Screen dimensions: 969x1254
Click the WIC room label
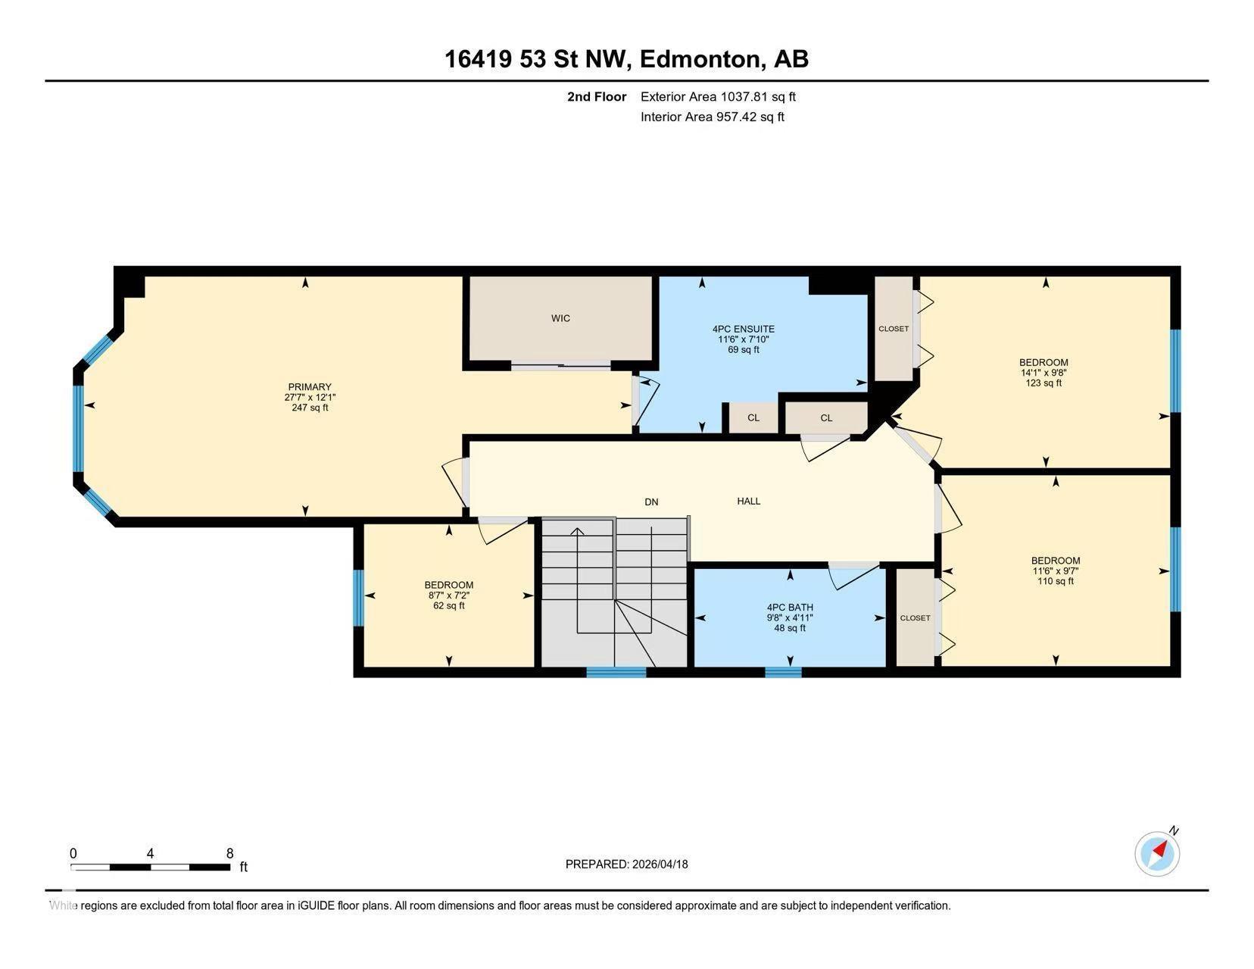click(560, 318)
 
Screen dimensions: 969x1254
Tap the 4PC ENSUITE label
click(743, 329)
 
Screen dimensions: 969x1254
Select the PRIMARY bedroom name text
click(310, 387)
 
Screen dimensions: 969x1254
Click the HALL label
click(749, 501)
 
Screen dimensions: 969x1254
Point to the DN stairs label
click(651, 502)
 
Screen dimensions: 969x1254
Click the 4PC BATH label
click(790, 607)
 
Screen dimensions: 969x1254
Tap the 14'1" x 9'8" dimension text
click(1043, 373)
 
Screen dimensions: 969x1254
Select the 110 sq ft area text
click(1056, 581)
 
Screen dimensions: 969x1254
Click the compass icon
click(1157, 854)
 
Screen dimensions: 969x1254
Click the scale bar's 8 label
click(229, 853)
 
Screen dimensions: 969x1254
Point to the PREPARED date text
click(626, 864)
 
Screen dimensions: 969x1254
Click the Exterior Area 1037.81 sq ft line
click(718, 96)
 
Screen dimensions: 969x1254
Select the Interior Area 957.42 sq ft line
click(712, 117)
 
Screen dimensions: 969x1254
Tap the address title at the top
click(626, 59)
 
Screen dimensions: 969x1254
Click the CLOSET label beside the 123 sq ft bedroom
click(894, 329)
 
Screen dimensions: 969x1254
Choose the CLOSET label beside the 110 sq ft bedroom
click(915, 618)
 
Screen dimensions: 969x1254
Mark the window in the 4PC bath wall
click(783, 671)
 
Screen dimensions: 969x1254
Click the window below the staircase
click(616, 671)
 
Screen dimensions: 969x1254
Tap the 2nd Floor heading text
click(597, 96)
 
